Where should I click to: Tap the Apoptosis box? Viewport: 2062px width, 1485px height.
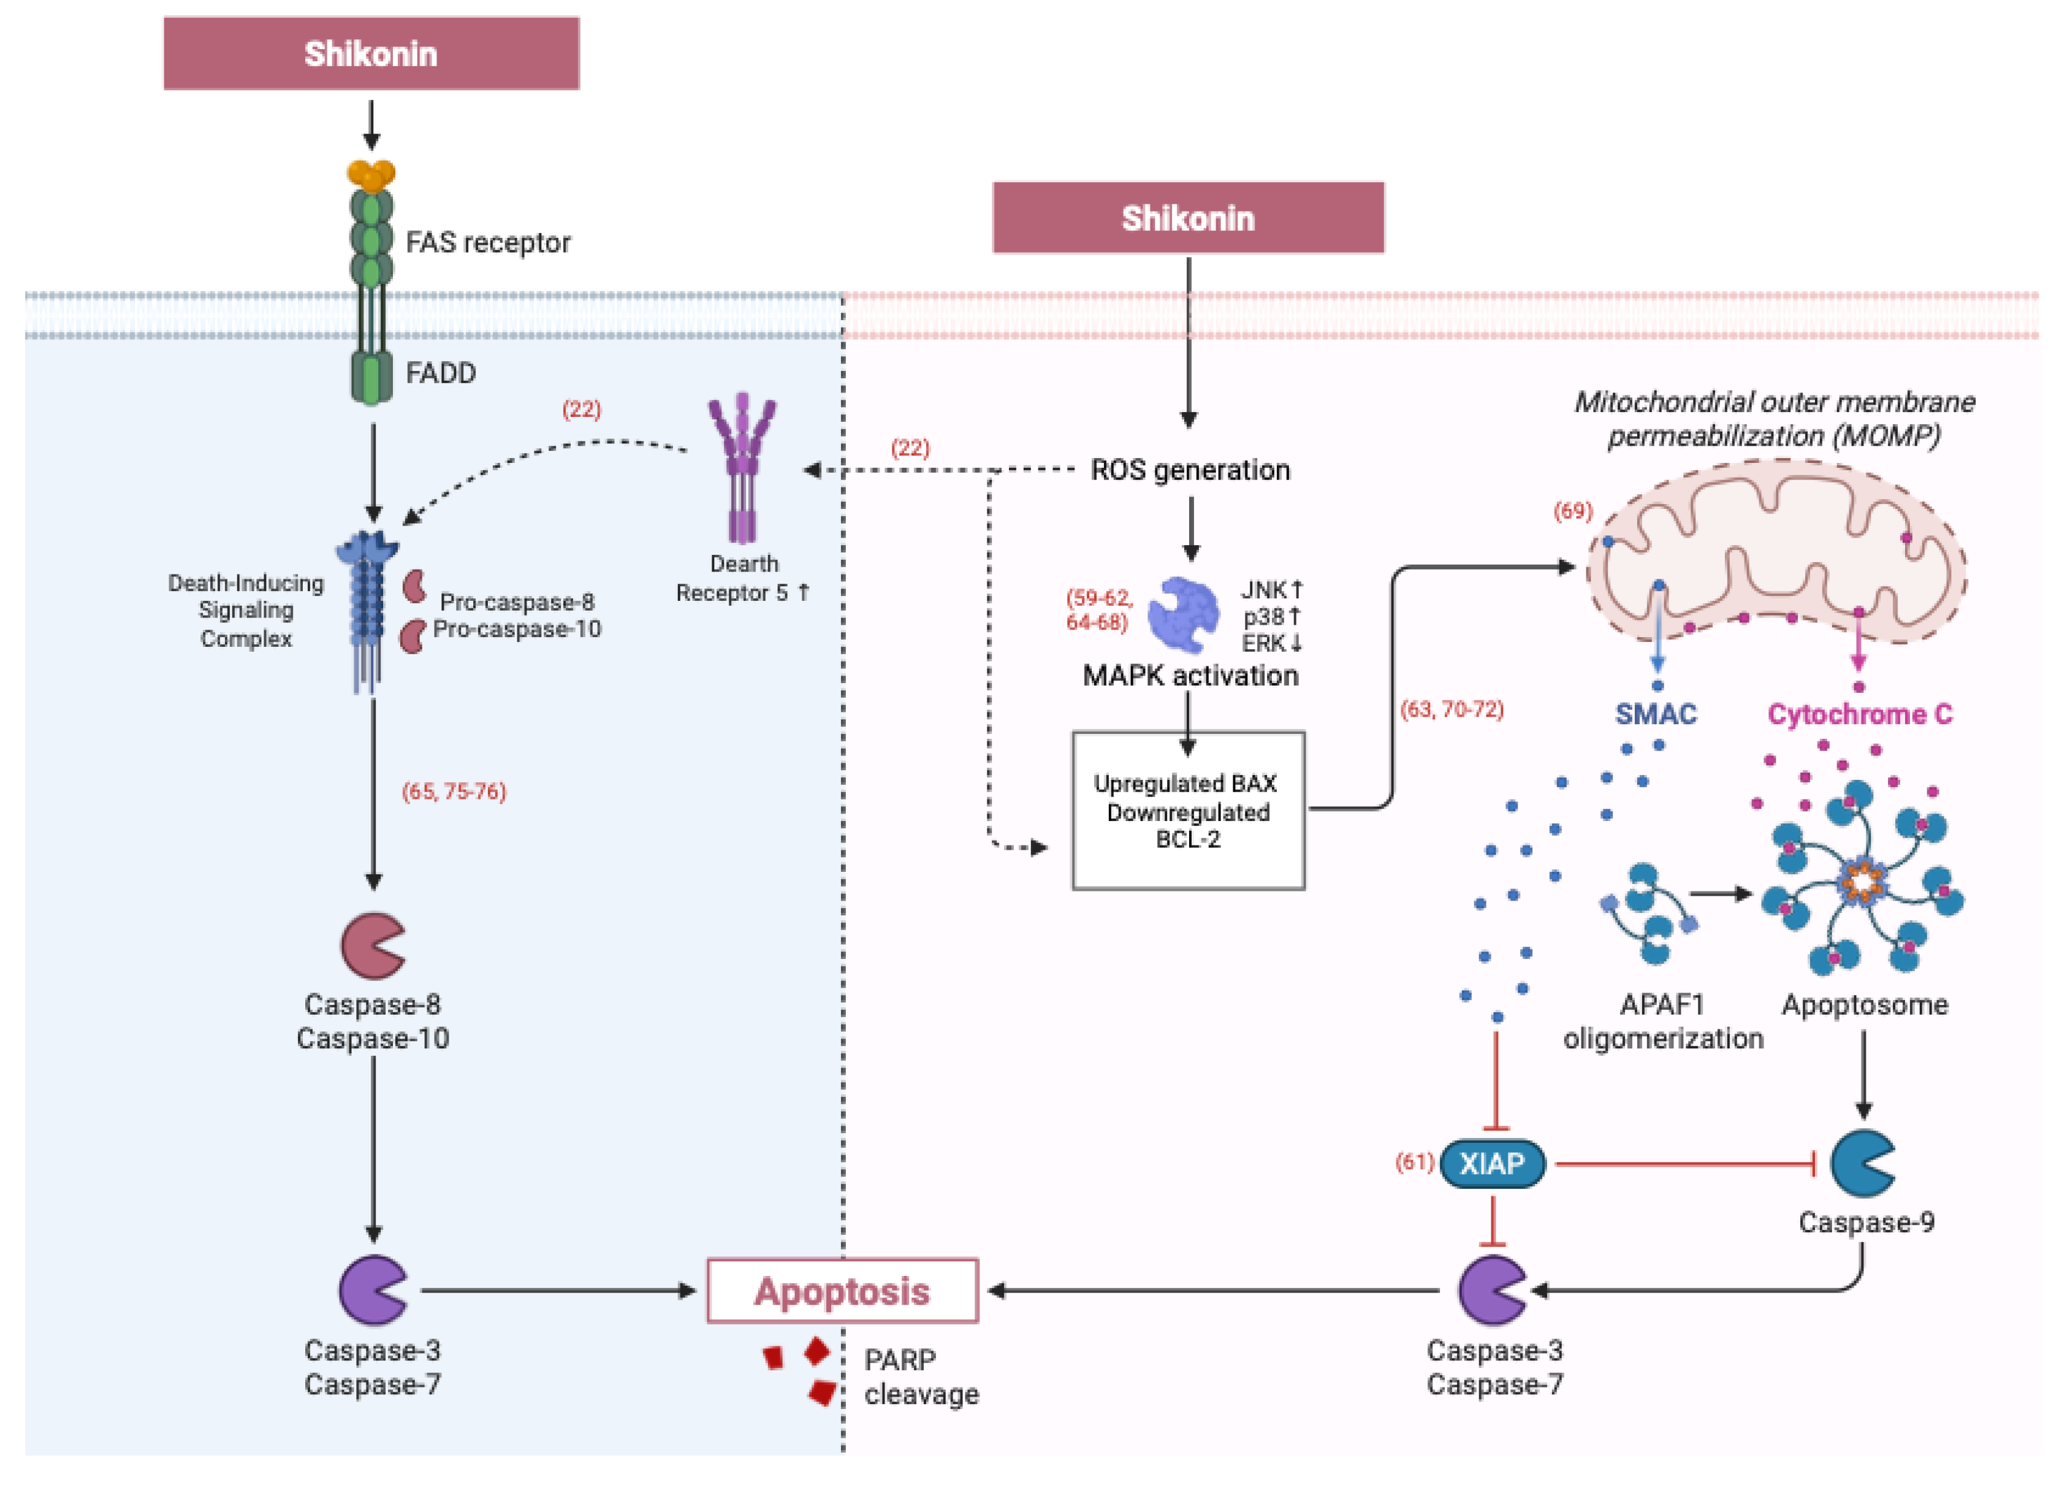(x=842, y=1291)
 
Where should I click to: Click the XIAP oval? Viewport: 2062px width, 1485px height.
(x=1492, y=1163)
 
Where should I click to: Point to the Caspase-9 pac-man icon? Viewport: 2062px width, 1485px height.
(x=1860, y=1163)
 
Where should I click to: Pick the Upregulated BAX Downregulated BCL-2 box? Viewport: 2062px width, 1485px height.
(x=1187, y=810)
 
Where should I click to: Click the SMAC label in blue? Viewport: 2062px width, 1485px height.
(x=1656, y=714)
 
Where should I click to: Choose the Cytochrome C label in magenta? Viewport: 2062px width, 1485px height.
(x=1859, y=714)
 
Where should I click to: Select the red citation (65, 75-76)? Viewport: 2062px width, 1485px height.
(x=454, y=791)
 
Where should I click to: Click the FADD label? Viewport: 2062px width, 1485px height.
(x=440, y=373)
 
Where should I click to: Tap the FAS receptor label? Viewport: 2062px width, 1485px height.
(x=487, y=243)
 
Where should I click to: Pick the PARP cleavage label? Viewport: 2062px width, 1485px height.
(x=920, y=1377)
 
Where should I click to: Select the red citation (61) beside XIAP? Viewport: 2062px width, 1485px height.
(x=1413, y=1162)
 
